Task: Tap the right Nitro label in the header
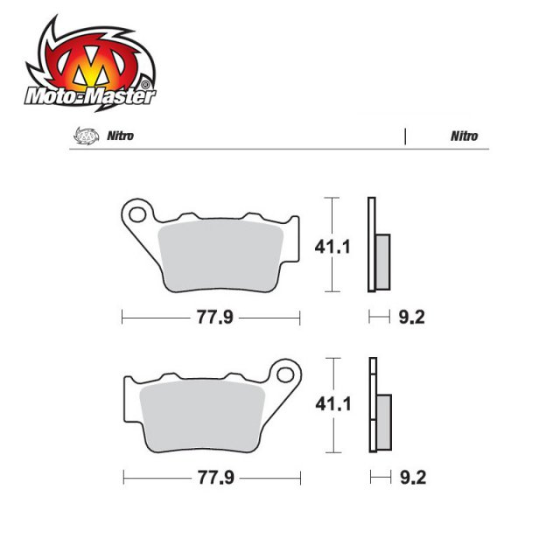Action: tap(464, 136)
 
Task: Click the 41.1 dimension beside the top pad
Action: tap(332, 248)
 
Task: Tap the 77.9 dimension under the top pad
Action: tap(213, 318)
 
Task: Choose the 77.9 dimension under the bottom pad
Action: tap(213, 478)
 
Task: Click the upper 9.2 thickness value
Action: tap(409, 318)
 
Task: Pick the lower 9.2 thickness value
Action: tap(409, 478)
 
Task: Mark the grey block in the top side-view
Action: tap(382, 262)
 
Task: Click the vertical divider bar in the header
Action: tap(405, 136)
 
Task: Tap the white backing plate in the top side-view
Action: tap(370, 245)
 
